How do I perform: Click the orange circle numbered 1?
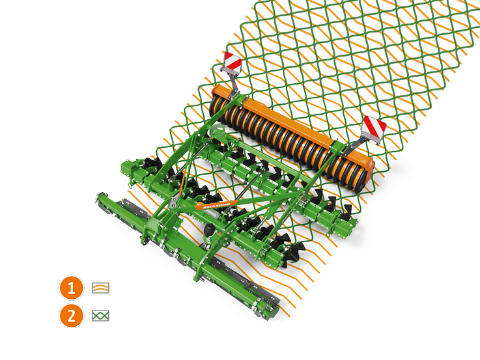(72, 288)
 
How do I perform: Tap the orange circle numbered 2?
(72, 316)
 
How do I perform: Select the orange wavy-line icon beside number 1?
(100, 288)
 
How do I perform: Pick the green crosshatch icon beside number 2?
(100, 316)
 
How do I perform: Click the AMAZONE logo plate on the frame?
(217, 205)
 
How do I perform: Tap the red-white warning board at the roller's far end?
(233, 62)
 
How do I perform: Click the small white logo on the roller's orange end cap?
(371, 165)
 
